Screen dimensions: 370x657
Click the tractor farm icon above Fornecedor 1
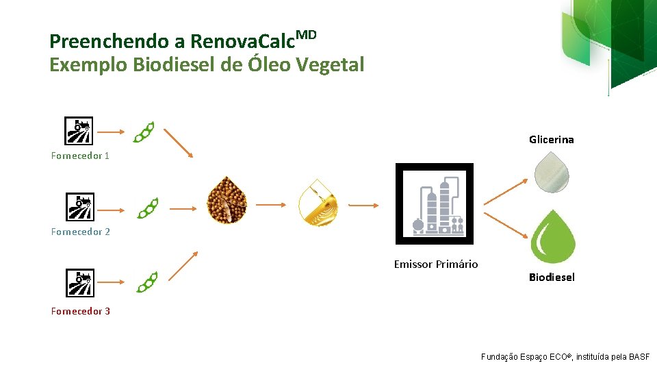79,131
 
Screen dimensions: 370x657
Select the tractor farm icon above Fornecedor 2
79,207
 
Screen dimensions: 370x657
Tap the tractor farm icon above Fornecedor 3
79,282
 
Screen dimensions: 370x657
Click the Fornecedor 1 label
80,156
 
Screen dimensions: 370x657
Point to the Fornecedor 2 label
80,232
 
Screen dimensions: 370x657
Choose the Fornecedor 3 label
80,311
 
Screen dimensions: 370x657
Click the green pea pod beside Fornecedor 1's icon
144,132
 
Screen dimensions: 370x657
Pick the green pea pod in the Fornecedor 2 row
148,208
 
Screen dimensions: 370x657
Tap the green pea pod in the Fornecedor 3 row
146,282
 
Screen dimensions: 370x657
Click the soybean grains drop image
227,200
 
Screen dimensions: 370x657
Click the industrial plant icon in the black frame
435,203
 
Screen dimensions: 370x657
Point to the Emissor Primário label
436,264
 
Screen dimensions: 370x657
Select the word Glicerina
551,140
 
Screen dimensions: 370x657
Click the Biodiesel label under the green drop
552,277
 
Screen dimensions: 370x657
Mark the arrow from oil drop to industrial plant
363,205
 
